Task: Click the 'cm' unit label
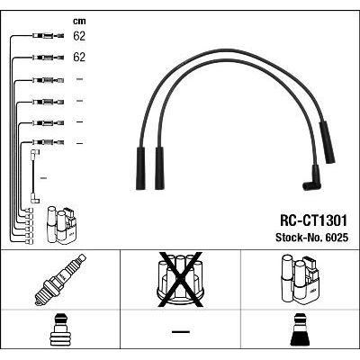pyautogui.click(x=79, y=22)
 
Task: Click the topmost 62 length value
pyautogui.click(x=79, y=36)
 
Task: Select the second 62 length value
pyautogui.click(x=79, y=57)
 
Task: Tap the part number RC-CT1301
pyautogui.click(x=313, y=220)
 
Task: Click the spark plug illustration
pyautogui.click(x=60, y=280)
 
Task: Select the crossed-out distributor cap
pyautogui.click(x=180, y=280)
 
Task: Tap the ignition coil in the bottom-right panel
pyautogui.click(x=301, y=280)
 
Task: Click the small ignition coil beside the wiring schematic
pyautogui.click(x=61, y=225)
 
